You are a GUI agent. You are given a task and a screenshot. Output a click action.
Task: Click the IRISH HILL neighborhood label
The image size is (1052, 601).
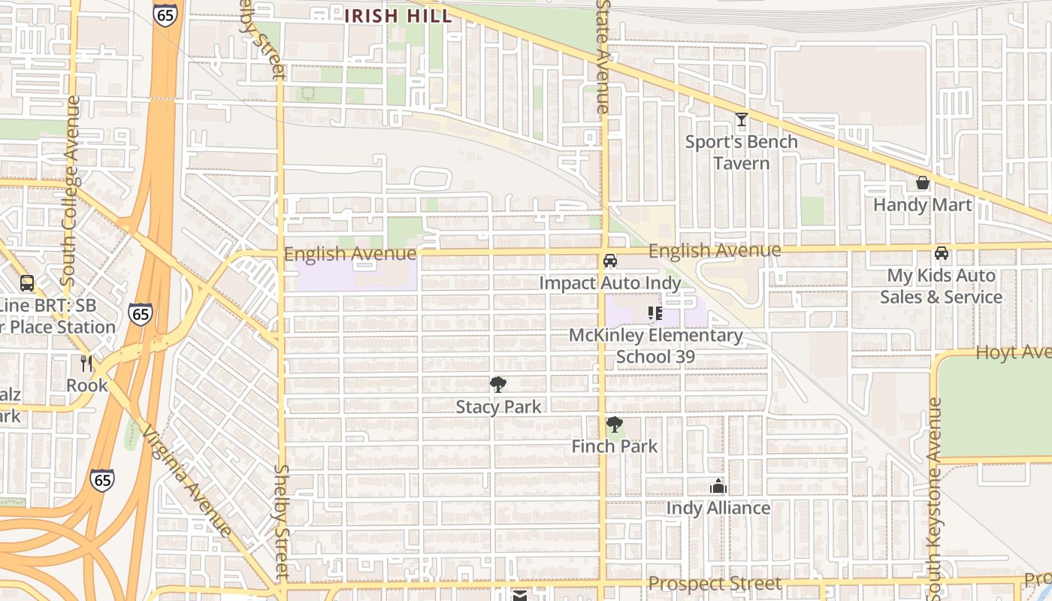pyautogui.click(x=398, y=16)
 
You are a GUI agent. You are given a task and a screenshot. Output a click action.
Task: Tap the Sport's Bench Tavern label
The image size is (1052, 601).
pyautogui.click(x=742, y=153)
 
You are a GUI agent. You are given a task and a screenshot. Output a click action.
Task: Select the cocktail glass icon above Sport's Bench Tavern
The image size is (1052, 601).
pyautogui.click(x=742, y=119)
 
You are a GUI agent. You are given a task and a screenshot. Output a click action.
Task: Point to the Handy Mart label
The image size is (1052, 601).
pyautogui.click(x=922, y=204)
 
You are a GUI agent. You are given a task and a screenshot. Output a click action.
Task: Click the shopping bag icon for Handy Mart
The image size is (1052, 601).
pyautogui.click(x=922, y=183)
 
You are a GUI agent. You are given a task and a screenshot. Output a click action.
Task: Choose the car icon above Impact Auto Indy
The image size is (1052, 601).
pyautogui.click(x=610, y=261)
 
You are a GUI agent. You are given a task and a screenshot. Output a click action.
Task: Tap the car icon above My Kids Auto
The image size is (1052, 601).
pyautogui.click(x=941, y=253)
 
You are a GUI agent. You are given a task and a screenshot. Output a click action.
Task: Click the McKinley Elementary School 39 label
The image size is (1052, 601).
pyautogui.click(x=655, y=346)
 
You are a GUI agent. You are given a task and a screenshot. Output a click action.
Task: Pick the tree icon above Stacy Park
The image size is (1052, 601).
pyautogui.click(x=497, y=385)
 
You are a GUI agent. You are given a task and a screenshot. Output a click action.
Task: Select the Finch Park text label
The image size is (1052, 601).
pyautogui.click(x=614, y=446)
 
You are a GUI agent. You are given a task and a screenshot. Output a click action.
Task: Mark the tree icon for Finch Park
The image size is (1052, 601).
pyautogui.click(x=614, y=424)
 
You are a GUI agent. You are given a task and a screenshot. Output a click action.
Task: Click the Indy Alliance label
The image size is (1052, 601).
pyautogui.click(x=718, y=509)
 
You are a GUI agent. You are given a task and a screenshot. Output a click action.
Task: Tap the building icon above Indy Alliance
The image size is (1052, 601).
pyautogui.click(x=718, y=486)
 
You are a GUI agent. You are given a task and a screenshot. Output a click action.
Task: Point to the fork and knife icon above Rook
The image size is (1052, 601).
pyautogui.click(x=86, y=364)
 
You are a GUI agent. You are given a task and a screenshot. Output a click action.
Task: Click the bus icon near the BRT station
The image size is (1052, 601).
pyautogui.click(x=27, y=283)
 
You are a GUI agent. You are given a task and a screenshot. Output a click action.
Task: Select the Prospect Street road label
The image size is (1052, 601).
pyautogui.click(x=715, y=584)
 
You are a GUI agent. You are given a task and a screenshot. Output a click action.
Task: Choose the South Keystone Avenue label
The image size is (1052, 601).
pyautogui.click(x=934, y=496)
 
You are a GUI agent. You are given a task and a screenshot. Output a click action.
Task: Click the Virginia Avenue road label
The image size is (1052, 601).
pyautogui.click(x=187, y=481)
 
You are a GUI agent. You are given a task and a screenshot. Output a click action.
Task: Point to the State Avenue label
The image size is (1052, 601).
pyautogui.click(x=603, y=56)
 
